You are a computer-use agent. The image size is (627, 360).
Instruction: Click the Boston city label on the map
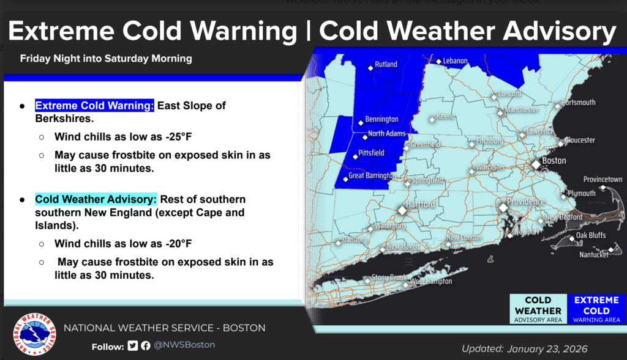[554, 161]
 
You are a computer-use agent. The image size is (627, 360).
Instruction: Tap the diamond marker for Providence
[503, 208]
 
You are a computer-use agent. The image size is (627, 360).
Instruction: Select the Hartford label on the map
[420, 204]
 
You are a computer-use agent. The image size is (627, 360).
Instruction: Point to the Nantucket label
[594, 254]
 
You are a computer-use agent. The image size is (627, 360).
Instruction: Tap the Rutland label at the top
[386, 64]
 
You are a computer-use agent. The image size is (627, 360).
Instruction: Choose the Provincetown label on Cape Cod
[603, 180]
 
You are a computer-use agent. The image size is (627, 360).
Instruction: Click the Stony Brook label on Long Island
[389, 277]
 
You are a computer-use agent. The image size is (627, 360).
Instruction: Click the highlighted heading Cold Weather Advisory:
[96, 199]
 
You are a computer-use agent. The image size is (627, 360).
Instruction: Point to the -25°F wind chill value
[178, 136]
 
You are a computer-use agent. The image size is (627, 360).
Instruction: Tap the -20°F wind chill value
[178, 243]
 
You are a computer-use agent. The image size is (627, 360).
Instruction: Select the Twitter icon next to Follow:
[133, 346]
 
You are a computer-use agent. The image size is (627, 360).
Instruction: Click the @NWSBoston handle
[184, 345]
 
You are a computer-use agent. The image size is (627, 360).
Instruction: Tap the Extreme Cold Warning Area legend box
[596, 309]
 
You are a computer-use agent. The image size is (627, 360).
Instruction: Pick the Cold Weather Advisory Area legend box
[538, 309]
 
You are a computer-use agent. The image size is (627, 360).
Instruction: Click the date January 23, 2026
[547, 349]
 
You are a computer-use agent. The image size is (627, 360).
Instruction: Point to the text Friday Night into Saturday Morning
[106, 59]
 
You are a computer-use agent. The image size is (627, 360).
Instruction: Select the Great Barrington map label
[371, 176]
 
